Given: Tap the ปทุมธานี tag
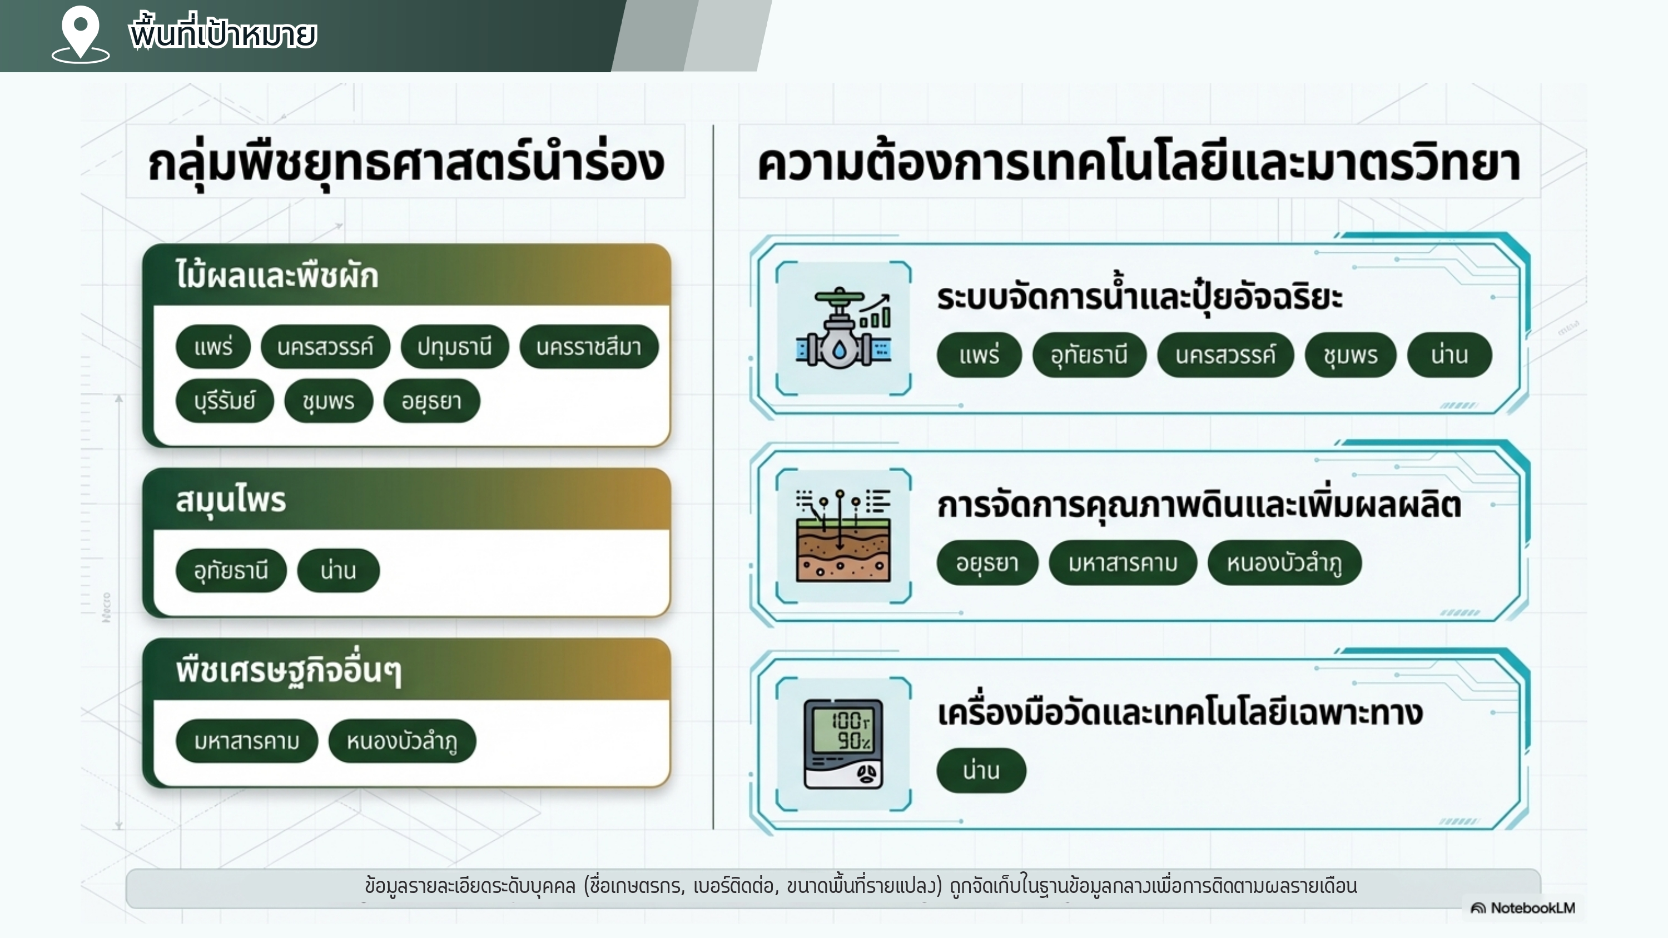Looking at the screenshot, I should [x=455, y=347].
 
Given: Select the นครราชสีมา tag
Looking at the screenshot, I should [x=589, y=347].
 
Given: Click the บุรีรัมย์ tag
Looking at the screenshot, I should [x=224, y=401].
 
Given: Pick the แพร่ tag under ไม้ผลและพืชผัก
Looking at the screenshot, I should [x=213, y=347].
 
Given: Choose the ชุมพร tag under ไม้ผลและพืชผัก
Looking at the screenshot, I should [x=328, y=401].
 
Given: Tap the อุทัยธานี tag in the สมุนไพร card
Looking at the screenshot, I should [x=231, y=571].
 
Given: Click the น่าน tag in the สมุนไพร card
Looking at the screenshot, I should [x=338, y=571].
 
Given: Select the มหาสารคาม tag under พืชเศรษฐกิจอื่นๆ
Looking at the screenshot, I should [x=247, y=741].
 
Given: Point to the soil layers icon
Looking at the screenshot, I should [x=843, y=536].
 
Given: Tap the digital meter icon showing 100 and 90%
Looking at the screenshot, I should [x=843, y=744].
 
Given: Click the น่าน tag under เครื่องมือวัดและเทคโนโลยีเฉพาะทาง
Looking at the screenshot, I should [x=981, y=771].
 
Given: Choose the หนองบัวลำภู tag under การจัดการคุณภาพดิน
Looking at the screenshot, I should [x=1284, y=563].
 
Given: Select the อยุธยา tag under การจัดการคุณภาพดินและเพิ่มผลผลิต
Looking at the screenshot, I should [x=987, y=563].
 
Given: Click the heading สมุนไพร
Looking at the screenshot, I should [x=231, y=500].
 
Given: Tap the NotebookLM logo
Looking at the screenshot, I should [x=1522, y=908].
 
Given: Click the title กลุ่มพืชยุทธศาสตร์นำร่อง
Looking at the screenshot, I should [x=406, y=163].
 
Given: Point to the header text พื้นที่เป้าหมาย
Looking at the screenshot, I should [x=223, y=34].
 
